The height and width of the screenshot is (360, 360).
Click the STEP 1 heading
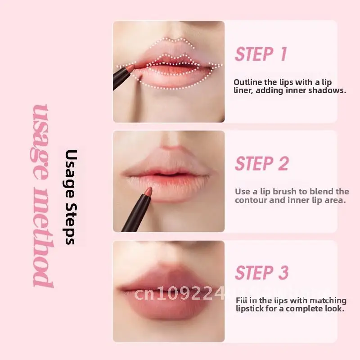point(261,54)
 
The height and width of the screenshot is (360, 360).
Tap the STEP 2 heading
point(261,164)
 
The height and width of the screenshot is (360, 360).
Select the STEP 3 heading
point(261,273)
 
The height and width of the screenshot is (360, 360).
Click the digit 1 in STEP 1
point(283,54)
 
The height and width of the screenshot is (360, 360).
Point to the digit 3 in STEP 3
point(283,273)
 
